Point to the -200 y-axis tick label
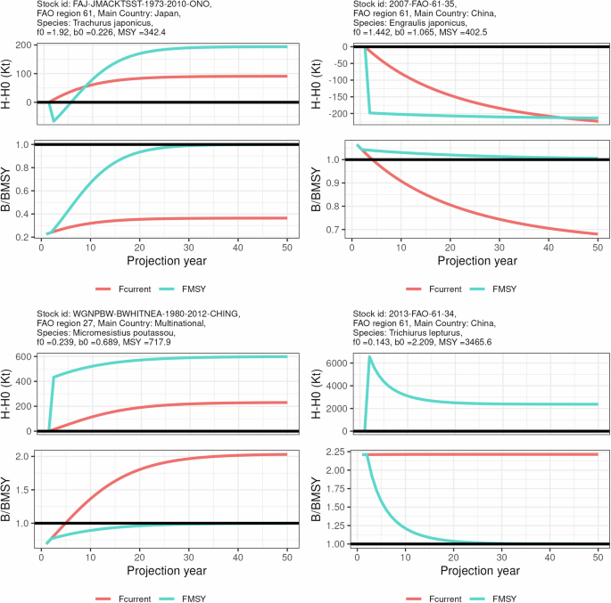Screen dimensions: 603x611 334,113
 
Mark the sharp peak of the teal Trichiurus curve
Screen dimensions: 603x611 369,357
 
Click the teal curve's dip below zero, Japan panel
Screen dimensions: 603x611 54,120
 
